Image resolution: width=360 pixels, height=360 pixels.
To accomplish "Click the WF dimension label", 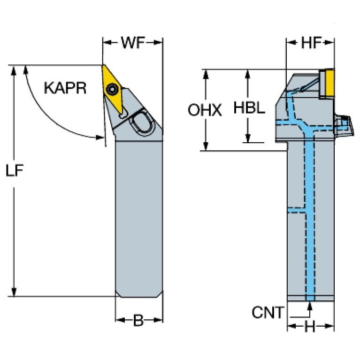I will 132,43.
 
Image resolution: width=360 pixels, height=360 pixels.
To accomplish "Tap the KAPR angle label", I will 65,88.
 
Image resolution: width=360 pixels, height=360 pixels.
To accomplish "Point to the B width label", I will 138,321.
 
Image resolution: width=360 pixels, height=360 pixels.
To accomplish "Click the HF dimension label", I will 310,43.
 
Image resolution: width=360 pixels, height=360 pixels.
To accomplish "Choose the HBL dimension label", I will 249,109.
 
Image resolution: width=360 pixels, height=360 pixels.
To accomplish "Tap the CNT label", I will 268,312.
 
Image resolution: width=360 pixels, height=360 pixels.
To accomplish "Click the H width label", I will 310,327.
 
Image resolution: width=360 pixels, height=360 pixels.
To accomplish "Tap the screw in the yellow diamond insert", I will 113,89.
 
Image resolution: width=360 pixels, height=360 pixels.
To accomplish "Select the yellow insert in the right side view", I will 327,83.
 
